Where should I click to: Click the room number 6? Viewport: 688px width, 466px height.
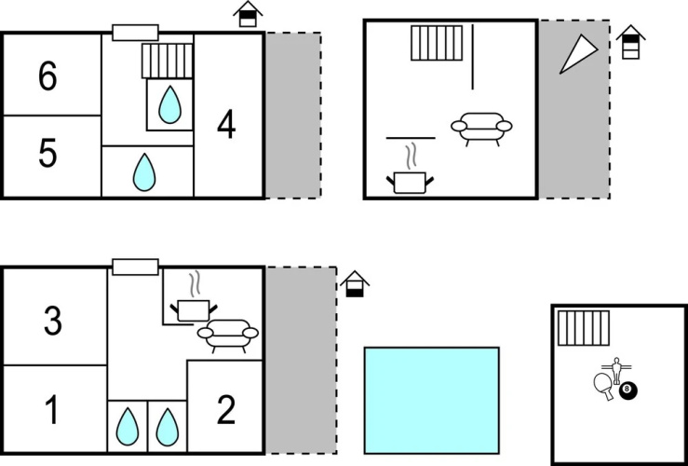(47, 76)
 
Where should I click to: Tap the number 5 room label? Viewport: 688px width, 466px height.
(47, 153)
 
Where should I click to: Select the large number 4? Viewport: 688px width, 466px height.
(226, 125)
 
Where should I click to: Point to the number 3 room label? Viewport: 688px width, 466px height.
(53, 322)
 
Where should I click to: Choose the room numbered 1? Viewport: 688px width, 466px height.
(52, 409)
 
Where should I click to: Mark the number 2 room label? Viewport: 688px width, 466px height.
(226, 409)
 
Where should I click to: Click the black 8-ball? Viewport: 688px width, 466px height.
(627, 390)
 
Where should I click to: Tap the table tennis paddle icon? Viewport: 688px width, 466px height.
(603, 386)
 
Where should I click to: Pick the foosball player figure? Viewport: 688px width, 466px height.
(617, 370)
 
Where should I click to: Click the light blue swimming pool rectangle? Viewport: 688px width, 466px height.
(432, 400)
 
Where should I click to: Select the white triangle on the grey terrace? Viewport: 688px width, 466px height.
(578, 54)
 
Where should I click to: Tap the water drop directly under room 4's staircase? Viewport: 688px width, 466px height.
(169, 104)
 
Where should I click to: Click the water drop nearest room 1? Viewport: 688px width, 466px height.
(128, 427)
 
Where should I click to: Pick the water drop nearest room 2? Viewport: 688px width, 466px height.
(168, 427)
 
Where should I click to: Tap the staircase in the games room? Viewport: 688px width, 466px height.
(584, 328)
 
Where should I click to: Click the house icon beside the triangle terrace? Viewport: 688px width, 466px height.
(630, 42)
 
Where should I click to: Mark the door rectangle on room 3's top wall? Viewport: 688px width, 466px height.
(135, 267)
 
